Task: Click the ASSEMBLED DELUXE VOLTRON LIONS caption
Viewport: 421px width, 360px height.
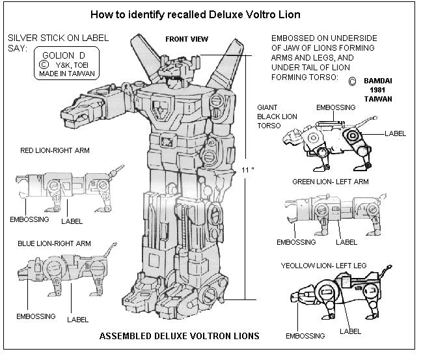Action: (x=179, y=336)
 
